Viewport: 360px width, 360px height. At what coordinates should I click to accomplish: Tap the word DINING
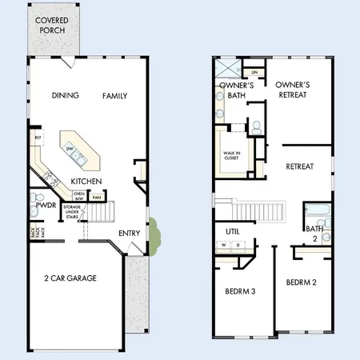[66, 96]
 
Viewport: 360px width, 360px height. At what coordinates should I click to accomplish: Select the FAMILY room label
[114, 96]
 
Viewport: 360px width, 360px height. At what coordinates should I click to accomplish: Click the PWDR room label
[46, 205]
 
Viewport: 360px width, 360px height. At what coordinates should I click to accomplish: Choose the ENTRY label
[130, 233]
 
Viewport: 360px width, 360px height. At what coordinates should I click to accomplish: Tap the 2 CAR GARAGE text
[70, 278]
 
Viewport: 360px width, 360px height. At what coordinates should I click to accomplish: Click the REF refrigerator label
[37, 138]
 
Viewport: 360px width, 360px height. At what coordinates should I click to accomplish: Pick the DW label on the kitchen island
[71, 148]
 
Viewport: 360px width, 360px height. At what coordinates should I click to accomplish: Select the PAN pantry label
[97, 198]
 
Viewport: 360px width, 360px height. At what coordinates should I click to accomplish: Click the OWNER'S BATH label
[237, 90]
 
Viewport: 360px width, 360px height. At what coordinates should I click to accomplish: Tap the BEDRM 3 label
[240, 291]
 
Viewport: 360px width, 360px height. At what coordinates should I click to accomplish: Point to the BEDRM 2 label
[302, 282]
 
